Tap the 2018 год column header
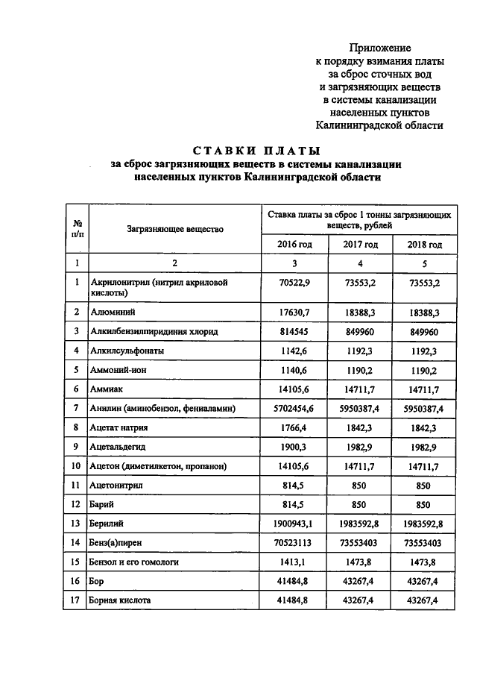pos(425,244)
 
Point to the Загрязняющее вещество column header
pos(175,229)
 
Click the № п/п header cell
pos(77,229)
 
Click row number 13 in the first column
pos(77,524)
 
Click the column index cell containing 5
pos(425,263)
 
